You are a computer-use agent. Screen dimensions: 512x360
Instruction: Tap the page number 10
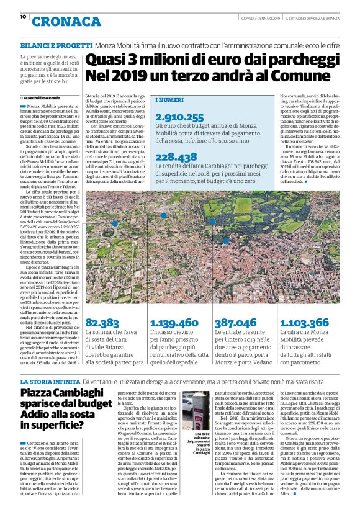[x=23, y=17]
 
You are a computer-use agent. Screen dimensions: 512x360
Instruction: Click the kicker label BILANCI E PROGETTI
[x=56, y=46]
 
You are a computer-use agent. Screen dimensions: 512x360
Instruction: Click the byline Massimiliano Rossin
[x=44, y=98]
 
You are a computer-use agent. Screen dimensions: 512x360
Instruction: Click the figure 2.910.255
[x=170, y=117]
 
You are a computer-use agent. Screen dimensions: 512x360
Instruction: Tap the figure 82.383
[x=102, y=323]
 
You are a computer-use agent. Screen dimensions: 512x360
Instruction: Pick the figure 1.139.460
[x=174, y=323]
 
